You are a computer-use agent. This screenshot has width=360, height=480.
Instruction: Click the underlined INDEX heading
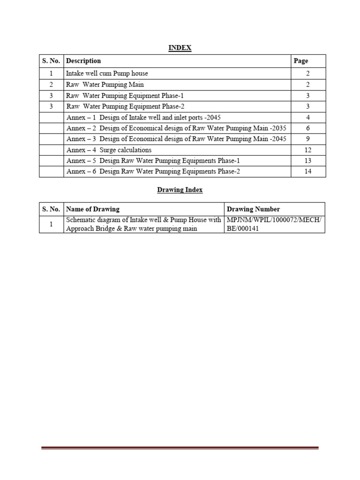click(180, 48)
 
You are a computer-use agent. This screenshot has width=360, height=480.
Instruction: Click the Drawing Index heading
click(180, 190)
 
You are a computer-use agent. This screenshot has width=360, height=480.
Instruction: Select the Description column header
click(83, 61)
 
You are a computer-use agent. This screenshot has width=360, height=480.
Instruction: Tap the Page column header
click(300, 61)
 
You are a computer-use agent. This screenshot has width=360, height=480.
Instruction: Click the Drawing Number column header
click(253, 209)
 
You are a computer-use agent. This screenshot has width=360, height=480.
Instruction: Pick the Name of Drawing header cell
click(93, 209)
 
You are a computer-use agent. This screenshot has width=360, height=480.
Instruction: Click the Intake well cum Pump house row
click(107, 74)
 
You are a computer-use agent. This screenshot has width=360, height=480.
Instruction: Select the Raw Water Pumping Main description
click(105, 85)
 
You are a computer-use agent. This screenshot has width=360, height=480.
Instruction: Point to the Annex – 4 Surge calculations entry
click(109, 150)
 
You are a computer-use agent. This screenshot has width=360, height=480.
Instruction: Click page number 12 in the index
click(308, 150)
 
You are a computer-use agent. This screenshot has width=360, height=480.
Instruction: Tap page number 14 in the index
click(308, 172)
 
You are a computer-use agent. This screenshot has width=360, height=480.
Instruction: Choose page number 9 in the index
click(308, 139)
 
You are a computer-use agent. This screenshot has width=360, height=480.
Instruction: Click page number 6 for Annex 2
click(308, 128)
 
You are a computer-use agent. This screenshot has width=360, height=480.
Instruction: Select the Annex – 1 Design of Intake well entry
click(143, 117)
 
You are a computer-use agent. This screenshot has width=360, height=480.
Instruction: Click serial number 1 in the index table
click(51, 74)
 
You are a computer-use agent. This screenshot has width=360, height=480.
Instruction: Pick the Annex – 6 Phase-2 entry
click(153, 172)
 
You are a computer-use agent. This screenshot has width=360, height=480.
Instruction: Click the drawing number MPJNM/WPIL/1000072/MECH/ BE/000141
click(274, 224)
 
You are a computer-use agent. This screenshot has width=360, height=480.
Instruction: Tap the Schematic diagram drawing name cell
click(143, 224)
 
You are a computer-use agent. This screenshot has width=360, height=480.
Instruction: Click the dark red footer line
click(180, 448)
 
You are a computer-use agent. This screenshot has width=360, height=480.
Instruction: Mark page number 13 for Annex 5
click(308, 161)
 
